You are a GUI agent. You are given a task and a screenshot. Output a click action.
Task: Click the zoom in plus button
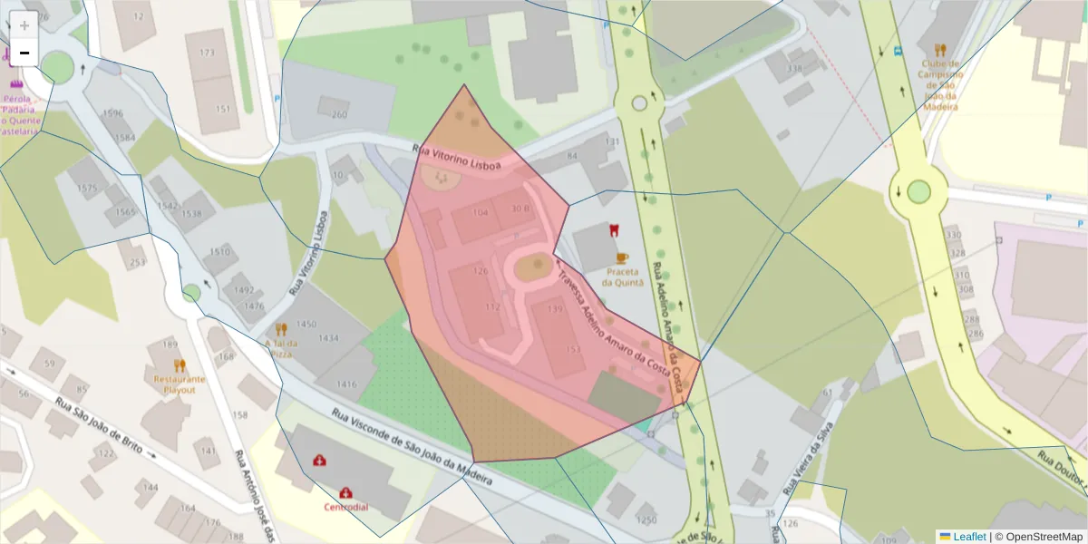[24, 24]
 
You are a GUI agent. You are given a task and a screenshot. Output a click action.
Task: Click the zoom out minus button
[24, 53]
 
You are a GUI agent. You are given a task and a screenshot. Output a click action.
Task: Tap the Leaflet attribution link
[969, 537]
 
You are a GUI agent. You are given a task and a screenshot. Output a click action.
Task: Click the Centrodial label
[346, 507]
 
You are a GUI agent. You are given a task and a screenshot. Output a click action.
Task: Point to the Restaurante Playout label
[180, 384]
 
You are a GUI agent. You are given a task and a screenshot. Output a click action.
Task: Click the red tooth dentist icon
[613, 230]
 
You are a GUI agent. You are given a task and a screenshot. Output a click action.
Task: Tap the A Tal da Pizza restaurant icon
[281, 329]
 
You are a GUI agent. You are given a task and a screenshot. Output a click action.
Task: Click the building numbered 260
[339, 114]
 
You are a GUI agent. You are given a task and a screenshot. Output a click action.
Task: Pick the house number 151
[223, 109]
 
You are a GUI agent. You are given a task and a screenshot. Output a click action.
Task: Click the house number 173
[208, 53]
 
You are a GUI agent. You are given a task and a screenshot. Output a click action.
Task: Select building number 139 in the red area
[555, 309]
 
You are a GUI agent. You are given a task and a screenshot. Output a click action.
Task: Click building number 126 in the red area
[481, 271]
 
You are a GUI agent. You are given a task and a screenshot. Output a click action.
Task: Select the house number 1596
[112, 114]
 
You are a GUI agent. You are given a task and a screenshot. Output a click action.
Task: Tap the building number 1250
[646, 520]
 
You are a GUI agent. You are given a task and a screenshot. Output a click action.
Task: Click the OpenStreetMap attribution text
[1038, 537]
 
